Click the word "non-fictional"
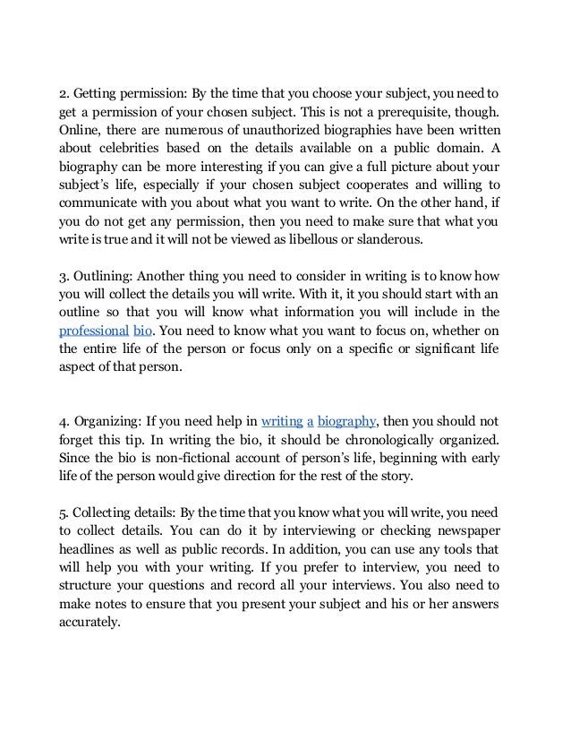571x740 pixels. coord(171,458)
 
